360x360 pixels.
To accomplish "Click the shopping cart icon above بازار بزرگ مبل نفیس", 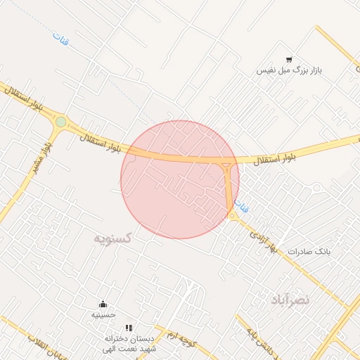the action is pyautogui.click(x=289, y=60).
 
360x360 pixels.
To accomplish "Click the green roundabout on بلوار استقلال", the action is pyautogui.click(x=61, y=122).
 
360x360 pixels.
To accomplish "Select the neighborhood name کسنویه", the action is pyautogui.click(x=113, y=238).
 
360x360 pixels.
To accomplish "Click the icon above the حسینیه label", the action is pyautogui.click(x=104, y=304).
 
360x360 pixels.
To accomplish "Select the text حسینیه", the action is pyautogui.click(x=103, y=316).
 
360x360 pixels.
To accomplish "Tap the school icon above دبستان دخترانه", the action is pyautogui.click(x=128, y=328).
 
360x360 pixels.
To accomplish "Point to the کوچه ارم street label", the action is pyautogui.click(x=179, y=340).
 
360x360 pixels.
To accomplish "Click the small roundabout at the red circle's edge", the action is pyautogui.click(x=232, y=216).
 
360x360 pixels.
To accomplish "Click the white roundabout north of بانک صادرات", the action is pyautogui.click(x=316, y=188).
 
